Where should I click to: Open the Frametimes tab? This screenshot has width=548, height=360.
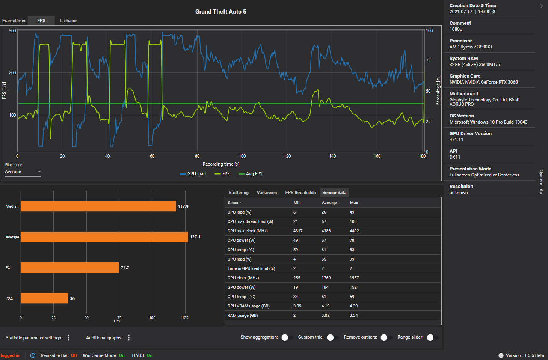coord(14,21)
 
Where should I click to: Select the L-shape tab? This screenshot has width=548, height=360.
coord(68,21)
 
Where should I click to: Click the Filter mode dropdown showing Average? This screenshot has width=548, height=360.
coord(23,172)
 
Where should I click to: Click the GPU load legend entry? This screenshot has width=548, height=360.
coord(193,174)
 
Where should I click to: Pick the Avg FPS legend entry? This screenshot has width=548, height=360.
coord(250,174)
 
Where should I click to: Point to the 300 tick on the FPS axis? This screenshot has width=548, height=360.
coord(12,30)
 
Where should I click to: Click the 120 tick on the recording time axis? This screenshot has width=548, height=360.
coord(287,156)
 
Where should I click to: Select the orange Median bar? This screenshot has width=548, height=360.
coord(98,206)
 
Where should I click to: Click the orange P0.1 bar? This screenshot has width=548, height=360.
coord(44,298)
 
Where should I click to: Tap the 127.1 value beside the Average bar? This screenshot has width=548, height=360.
coord(195,237)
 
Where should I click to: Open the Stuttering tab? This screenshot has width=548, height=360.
coord(239,193)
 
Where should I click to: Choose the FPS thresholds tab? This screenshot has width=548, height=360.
coord(300,193)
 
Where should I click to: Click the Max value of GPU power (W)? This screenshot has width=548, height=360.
coord(353,287)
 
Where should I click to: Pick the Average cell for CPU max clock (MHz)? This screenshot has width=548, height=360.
coord(326,231)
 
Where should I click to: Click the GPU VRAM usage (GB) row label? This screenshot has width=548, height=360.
coord(249,306)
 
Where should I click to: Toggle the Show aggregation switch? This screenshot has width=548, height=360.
coord(287,337)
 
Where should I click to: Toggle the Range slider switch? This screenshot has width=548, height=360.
coord(432,337)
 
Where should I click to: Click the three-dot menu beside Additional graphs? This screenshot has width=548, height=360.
coord(129,338)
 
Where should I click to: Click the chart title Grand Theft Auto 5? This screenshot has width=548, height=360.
coord(221,12)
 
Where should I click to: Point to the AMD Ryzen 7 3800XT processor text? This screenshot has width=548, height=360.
coord(471,47)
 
